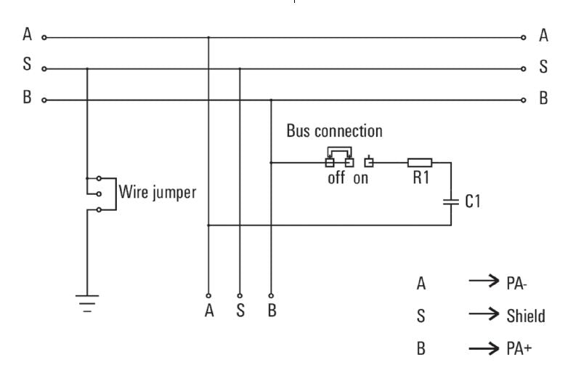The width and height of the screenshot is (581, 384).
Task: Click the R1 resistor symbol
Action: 420,162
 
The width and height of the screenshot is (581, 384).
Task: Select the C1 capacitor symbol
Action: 452,201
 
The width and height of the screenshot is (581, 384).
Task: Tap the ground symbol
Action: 87,301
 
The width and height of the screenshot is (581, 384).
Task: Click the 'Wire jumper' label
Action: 158,194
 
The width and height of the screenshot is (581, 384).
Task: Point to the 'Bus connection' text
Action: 334,132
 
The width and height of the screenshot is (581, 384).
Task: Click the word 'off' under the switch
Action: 336,179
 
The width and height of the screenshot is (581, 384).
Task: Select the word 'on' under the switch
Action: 361,179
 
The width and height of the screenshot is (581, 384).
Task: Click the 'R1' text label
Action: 422,179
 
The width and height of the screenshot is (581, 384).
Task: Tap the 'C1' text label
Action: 473,201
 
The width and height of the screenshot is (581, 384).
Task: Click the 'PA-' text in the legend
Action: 516,283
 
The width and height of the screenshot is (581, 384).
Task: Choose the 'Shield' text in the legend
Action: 525,316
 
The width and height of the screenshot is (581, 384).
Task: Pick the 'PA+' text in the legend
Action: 518,348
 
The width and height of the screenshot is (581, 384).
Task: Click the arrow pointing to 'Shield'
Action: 484,315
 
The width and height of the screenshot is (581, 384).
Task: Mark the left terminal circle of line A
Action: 44,37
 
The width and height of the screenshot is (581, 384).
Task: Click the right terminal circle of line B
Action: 524,100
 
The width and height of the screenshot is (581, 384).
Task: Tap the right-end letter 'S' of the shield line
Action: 543,68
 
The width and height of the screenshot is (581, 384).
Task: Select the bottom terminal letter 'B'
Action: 272,311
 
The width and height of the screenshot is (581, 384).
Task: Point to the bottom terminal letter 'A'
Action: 209,311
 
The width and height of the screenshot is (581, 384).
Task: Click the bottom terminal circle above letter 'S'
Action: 240,295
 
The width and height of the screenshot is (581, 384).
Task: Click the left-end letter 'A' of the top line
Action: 28,35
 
